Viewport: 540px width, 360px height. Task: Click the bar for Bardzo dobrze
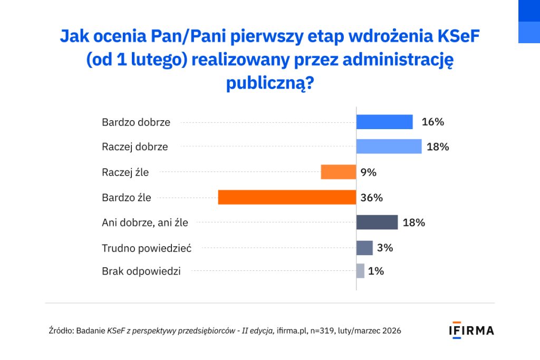pos(384,122)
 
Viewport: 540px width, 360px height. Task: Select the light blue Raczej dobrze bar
pos(389,147)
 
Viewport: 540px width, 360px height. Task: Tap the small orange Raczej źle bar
pos(338,172)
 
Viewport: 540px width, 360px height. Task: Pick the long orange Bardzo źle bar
pos(286,198)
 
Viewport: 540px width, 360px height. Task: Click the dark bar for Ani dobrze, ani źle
pos(377,222)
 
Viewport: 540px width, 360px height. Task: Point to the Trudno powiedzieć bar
pos(364,248)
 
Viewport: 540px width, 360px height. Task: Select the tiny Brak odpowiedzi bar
pos(360,271)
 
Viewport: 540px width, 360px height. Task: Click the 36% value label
pos(371,198)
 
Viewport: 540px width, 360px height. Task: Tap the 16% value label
pos(433,122)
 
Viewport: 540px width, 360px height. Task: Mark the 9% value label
pos(368,172)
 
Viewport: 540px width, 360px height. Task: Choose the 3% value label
pos(385,248)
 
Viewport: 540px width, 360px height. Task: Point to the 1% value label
pos(376,271)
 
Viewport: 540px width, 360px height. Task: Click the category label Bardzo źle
pos(127,198)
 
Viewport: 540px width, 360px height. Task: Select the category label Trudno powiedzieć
pos(147,248)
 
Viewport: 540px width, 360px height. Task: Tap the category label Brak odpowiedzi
pos(141,271)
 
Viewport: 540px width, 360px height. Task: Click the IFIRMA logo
pos(471,330)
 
